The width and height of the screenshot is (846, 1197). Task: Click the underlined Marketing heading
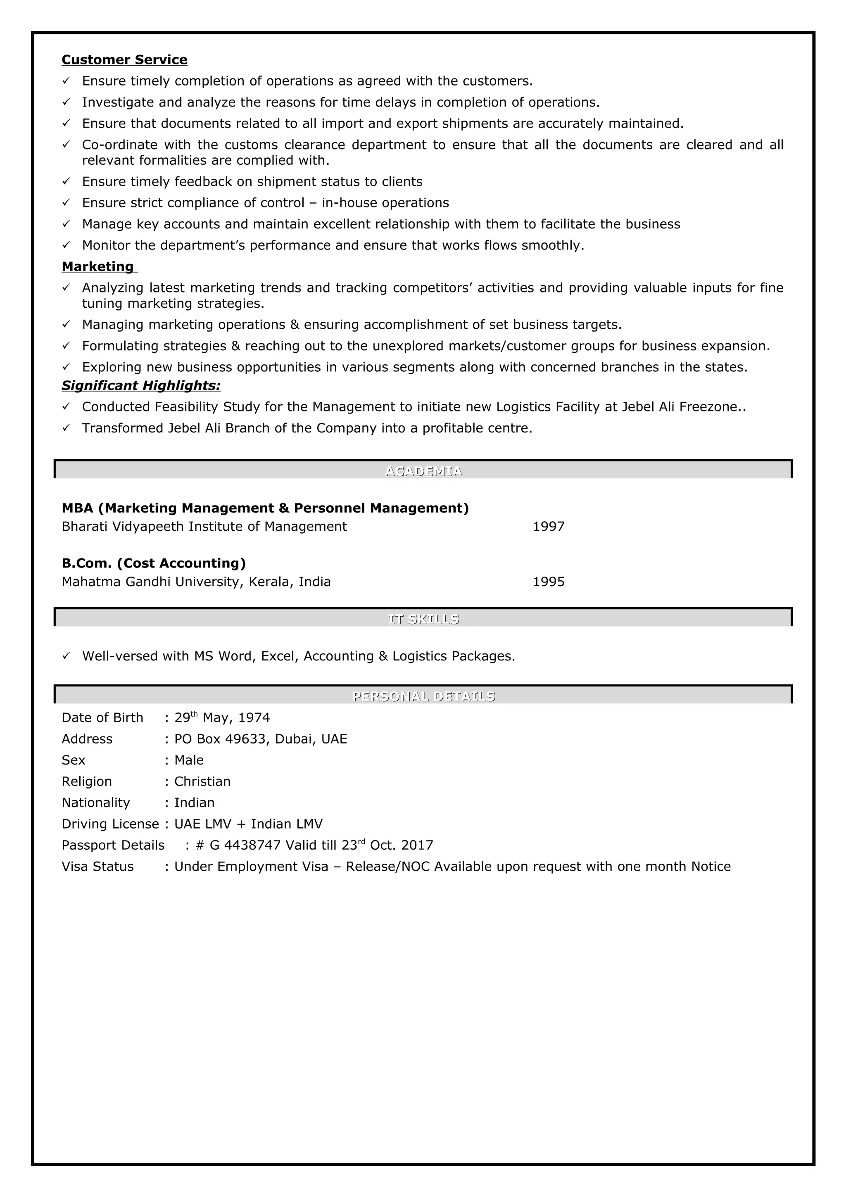(x=98, y=267)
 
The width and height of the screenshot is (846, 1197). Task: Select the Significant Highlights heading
(x=141, y=386)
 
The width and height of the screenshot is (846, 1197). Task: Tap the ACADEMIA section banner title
(x=423, y=471)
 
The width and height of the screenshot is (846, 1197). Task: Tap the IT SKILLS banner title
(x=423, y=619)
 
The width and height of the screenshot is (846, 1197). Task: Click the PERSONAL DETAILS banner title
(x=423, y=696)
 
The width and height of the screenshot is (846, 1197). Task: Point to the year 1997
(x=548, y=527)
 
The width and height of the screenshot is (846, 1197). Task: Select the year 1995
(x=548, y=582)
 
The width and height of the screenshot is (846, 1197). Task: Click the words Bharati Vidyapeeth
(x=123, y=527)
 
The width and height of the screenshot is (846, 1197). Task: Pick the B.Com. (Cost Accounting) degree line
(x=154, y=563)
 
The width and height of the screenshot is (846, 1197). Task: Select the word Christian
(x=202, y=781)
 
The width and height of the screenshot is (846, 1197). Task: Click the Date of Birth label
(x=102, y=718)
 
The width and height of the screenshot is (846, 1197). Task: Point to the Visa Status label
(x=97, y=867)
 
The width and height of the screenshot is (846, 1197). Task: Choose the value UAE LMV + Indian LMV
(x=248, y=824)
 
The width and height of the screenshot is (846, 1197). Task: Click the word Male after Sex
(x=189, y=760)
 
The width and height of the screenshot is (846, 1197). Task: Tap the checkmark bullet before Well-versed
(x=66, y=656)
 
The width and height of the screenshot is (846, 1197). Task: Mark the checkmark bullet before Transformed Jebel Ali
(x=66, y=428)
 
